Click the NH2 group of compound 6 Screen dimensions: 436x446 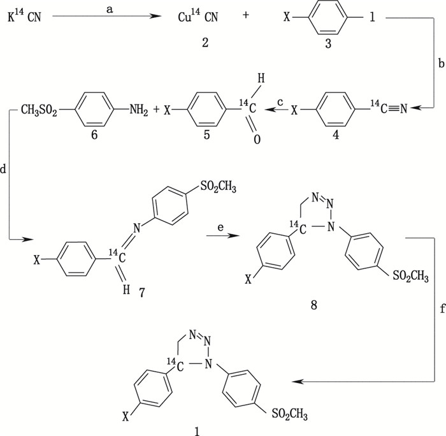pyautogui.click(x=136, y=110)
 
